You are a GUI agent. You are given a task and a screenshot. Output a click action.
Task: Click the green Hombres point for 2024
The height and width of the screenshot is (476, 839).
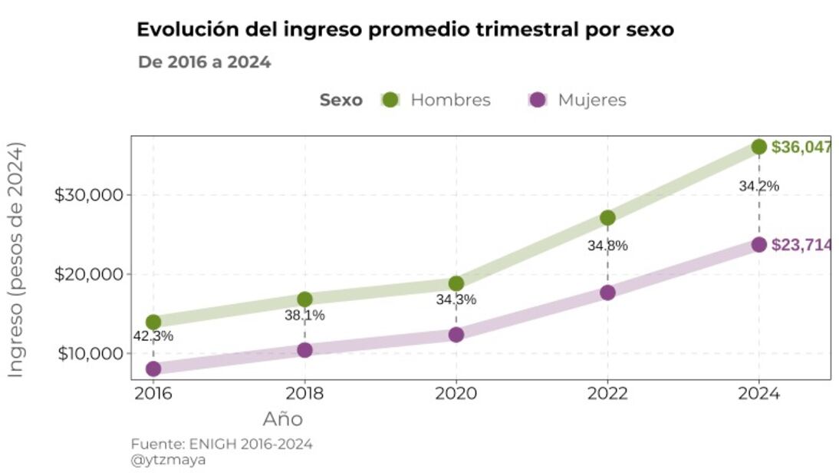tap(758, 147)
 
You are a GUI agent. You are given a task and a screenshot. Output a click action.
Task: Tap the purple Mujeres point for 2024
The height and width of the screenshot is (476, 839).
tap(758, 244)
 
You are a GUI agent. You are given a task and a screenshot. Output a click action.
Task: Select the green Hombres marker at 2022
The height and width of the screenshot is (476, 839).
tap(607, 217)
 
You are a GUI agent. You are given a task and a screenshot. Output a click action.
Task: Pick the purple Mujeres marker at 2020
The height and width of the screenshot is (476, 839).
tap(456, 334)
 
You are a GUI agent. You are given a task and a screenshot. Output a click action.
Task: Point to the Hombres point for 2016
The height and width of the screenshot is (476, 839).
tap(153, 322)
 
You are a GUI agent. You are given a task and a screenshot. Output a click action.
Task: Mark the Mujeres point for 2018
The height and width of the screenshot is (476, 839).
tap(304, 349)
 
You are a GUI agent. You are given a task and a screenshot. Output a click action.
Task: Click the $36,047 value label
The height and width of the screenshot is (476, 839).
tap(801, 147)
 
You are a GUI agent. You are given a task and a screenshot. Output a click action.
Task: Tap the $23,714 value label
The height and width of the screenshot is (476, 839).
tap(801, 245)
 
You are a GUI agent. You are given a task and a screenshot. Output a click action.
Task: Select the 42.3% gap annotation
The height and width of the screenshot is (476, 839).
tap(153, 336)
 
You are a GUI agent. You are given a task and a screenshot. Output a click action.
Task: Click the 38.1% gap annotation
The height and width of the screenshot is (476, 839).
tap(305, 315)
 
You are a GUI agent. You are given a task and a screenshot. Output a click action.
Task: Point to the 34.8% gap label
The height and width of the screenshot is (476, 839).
tap(608, 246)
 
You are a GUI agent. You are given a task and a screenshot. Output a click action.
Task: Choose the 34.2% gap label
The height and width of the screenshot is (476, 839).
tap(759, 186)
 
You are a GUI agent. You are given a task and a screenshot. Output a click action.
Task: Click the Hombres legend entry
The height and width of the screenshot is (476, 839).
tap(436, 100)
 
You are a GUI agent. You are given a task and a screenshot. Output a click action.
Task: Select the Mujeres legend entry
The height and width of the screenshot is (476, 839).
tap(577, 100)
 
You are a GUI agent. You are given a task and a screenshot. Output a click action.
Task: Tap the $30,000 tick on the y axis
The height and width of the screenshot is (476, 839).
tap(89, 195)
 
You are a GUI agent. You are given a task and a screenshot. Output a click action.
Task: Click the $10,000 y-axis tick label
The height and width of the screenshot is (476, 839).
tap(89, 354)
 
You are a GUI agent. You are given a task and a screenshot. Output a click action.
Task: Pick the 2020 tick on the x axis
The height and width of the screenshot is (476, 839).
tap(456, 394)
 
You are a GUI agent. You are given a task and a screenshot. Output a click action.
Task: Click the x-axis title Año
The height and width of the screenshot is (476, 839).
tap(283, 419)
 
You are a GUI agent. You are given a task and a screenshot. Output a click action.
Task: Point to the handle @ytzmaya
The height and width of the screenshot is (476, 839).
tap(168, 460)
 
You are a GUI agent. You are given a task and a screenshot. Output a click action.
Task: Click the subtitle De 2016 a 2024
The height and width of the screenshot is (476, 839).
tap(205, 62)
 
